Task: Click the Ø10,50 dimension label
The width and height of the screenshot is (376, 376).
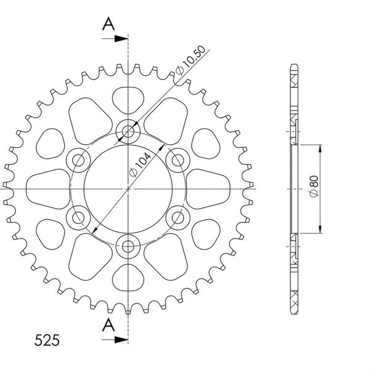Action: (x=190, y=60)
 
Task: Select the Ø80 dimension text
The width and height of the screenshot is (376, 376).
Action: (x=314, y=186)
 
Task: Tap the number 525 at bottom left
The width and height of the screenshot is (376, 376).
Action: (x=47, y=340)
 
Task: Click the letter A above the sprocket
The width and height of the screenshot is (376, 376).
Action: (x=108, y=23)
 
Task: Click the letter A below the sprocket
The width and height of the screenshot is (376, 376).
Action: (x=108, y=325)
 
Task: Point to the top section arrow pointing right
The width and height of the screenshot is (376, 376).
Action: (x=115, y=38)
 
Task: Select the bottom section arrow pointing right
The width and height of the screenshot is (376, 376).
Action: (x=115, y=340)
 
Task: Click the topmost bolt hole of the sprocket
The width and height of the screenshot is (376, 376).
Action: (x=128, y=131)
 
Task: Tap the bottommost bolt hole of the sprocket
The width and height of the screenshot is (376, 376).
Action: (x=128, y=247)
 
